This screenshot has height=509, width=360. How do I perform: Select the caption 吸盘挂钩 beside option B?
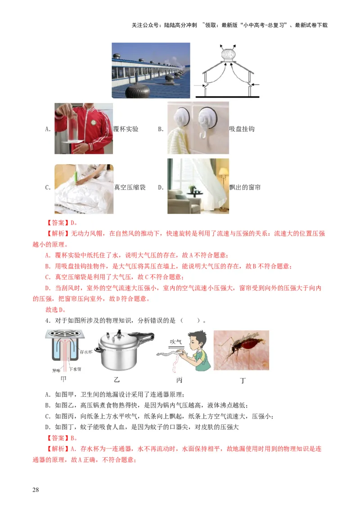pos(242,129)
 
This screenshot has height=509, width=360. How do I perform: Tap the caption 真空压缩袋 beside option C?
pos(130,188)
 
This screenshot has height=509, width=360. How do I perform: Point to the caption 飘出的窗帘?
pos(245,188)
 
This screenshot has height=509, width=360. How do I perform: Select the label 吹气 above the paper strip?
pos(175,342)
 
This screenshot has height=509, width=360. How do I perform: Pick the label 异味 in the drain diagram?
pos(56,371)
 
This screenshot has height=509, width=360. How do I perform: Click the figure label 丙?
pos(179,380)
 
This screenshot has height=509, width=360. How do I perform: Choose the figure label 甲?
pos(63,379)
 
